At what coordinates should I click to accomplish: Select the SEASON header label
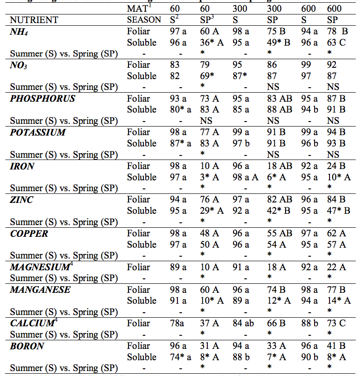pyautogui.click(x=144, y=19)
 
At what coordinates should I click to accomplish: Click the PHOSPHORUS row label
pyautogui.click(x=43, y=99)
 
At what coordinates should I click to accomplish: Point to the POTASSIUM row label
pyautogui.click(x=38, y=132)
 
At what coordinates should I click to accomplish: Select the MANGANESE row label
pyautogui.click(x=40, y=290)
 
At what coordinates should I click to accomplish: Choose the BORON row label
pyautogui.click(x=27, y=346)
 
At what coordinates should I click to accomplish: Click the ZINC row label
pyautogui.click(x=22, y=200)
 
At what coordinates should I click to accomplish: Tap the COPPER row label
pyautogui.click(x=29, y=234)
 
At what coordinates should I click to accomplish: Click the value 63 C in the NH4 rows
pyautogui.click(x=337, y=42)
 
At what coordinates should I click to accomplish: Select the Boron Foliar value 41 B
pyautogui.click(x=338, y=346)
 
